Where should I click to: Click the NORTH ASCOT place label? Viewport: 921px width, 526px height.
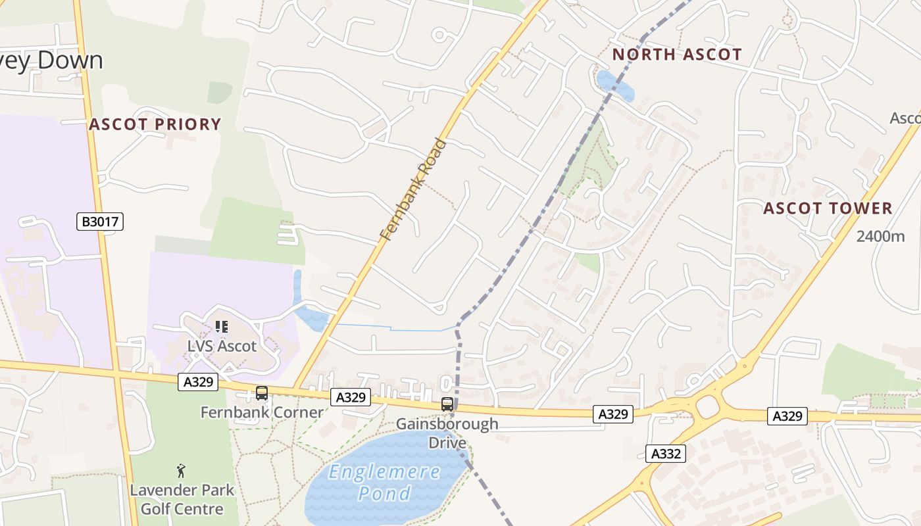click(x=677, y=55)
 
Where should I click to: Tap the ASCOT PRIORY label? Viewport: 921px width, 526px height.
click(x=155, y=124)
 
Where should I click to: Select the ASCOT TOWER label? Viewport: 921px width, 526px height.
click(x=828, y=208)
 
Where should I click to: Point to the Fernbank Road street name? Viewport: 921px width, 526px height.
click(x=413, y=189)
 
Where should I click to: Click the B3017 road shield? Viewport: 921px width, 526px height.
click(x=100, y=222)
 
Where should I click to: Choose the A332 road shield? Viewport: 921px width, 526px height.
click(x=665, y=453)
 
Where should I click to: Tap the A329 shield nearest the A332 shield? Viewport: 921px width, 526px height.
click(x=613, y=414)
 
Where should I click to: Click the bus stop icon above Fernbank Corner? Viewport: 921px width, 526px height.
click(x=262, y=393)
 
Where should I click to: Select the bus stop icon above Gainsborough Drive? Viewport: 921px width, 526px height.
click(x=447, y=404)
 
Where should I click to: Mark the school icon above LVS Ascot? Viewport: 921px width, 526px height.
click(x=222, y=326)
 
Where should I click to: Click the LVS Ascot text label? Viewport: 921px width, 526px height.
click(x=222, y=346)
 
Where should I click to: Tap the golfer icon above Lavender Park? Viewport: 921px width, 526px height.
click(x=182, y=471)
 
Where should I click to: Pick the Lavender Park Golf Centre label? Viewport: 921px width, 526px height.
click(x=182, y=500)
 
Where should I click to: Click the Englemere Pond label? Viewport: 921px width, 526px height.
click(x=385, y=482)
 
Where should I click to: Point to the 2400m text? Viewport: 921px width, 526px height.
click(x=880, y=237)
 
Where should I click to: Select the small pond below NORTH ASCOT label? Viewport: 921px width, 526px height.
click(x=615, y=85)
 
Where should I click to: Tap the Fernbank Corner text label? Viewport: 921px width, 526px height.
click(x=262, y=413)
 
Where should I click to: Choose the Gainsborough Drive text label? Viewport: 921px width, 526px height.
click(x=447, y=433)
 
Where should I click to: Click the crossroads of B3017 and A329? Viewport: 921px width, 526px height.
click(x=117, y=373)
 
